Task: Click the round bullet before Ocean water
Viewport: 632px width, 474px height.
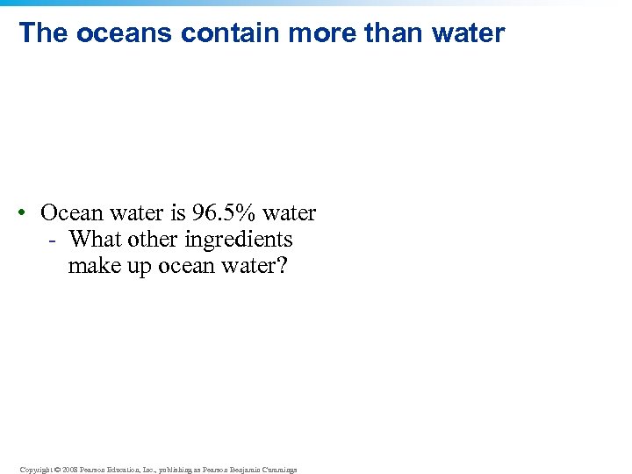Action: pyautogui.click(x=29, y=213)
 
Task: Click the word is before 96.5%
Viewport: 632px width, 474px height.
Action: pyautogui.click(x=176, y=212)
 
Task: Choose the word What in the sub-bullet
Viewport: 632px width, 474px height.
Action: pyautogui.click(x=95, y=239)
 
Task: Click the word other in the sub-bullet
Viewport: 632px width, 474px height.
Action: pyautogui.click(x=153, y=239)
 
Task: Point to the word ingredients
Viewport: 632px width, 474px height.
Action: pyautogui.click(x=238, y=239)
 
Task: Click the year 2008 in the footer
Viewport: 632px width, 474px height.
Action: pyautogui.click(x=70, y=470)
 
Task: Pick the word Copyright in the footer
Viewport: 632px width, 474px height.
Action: pyautogui.click(x=36, y=470)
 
